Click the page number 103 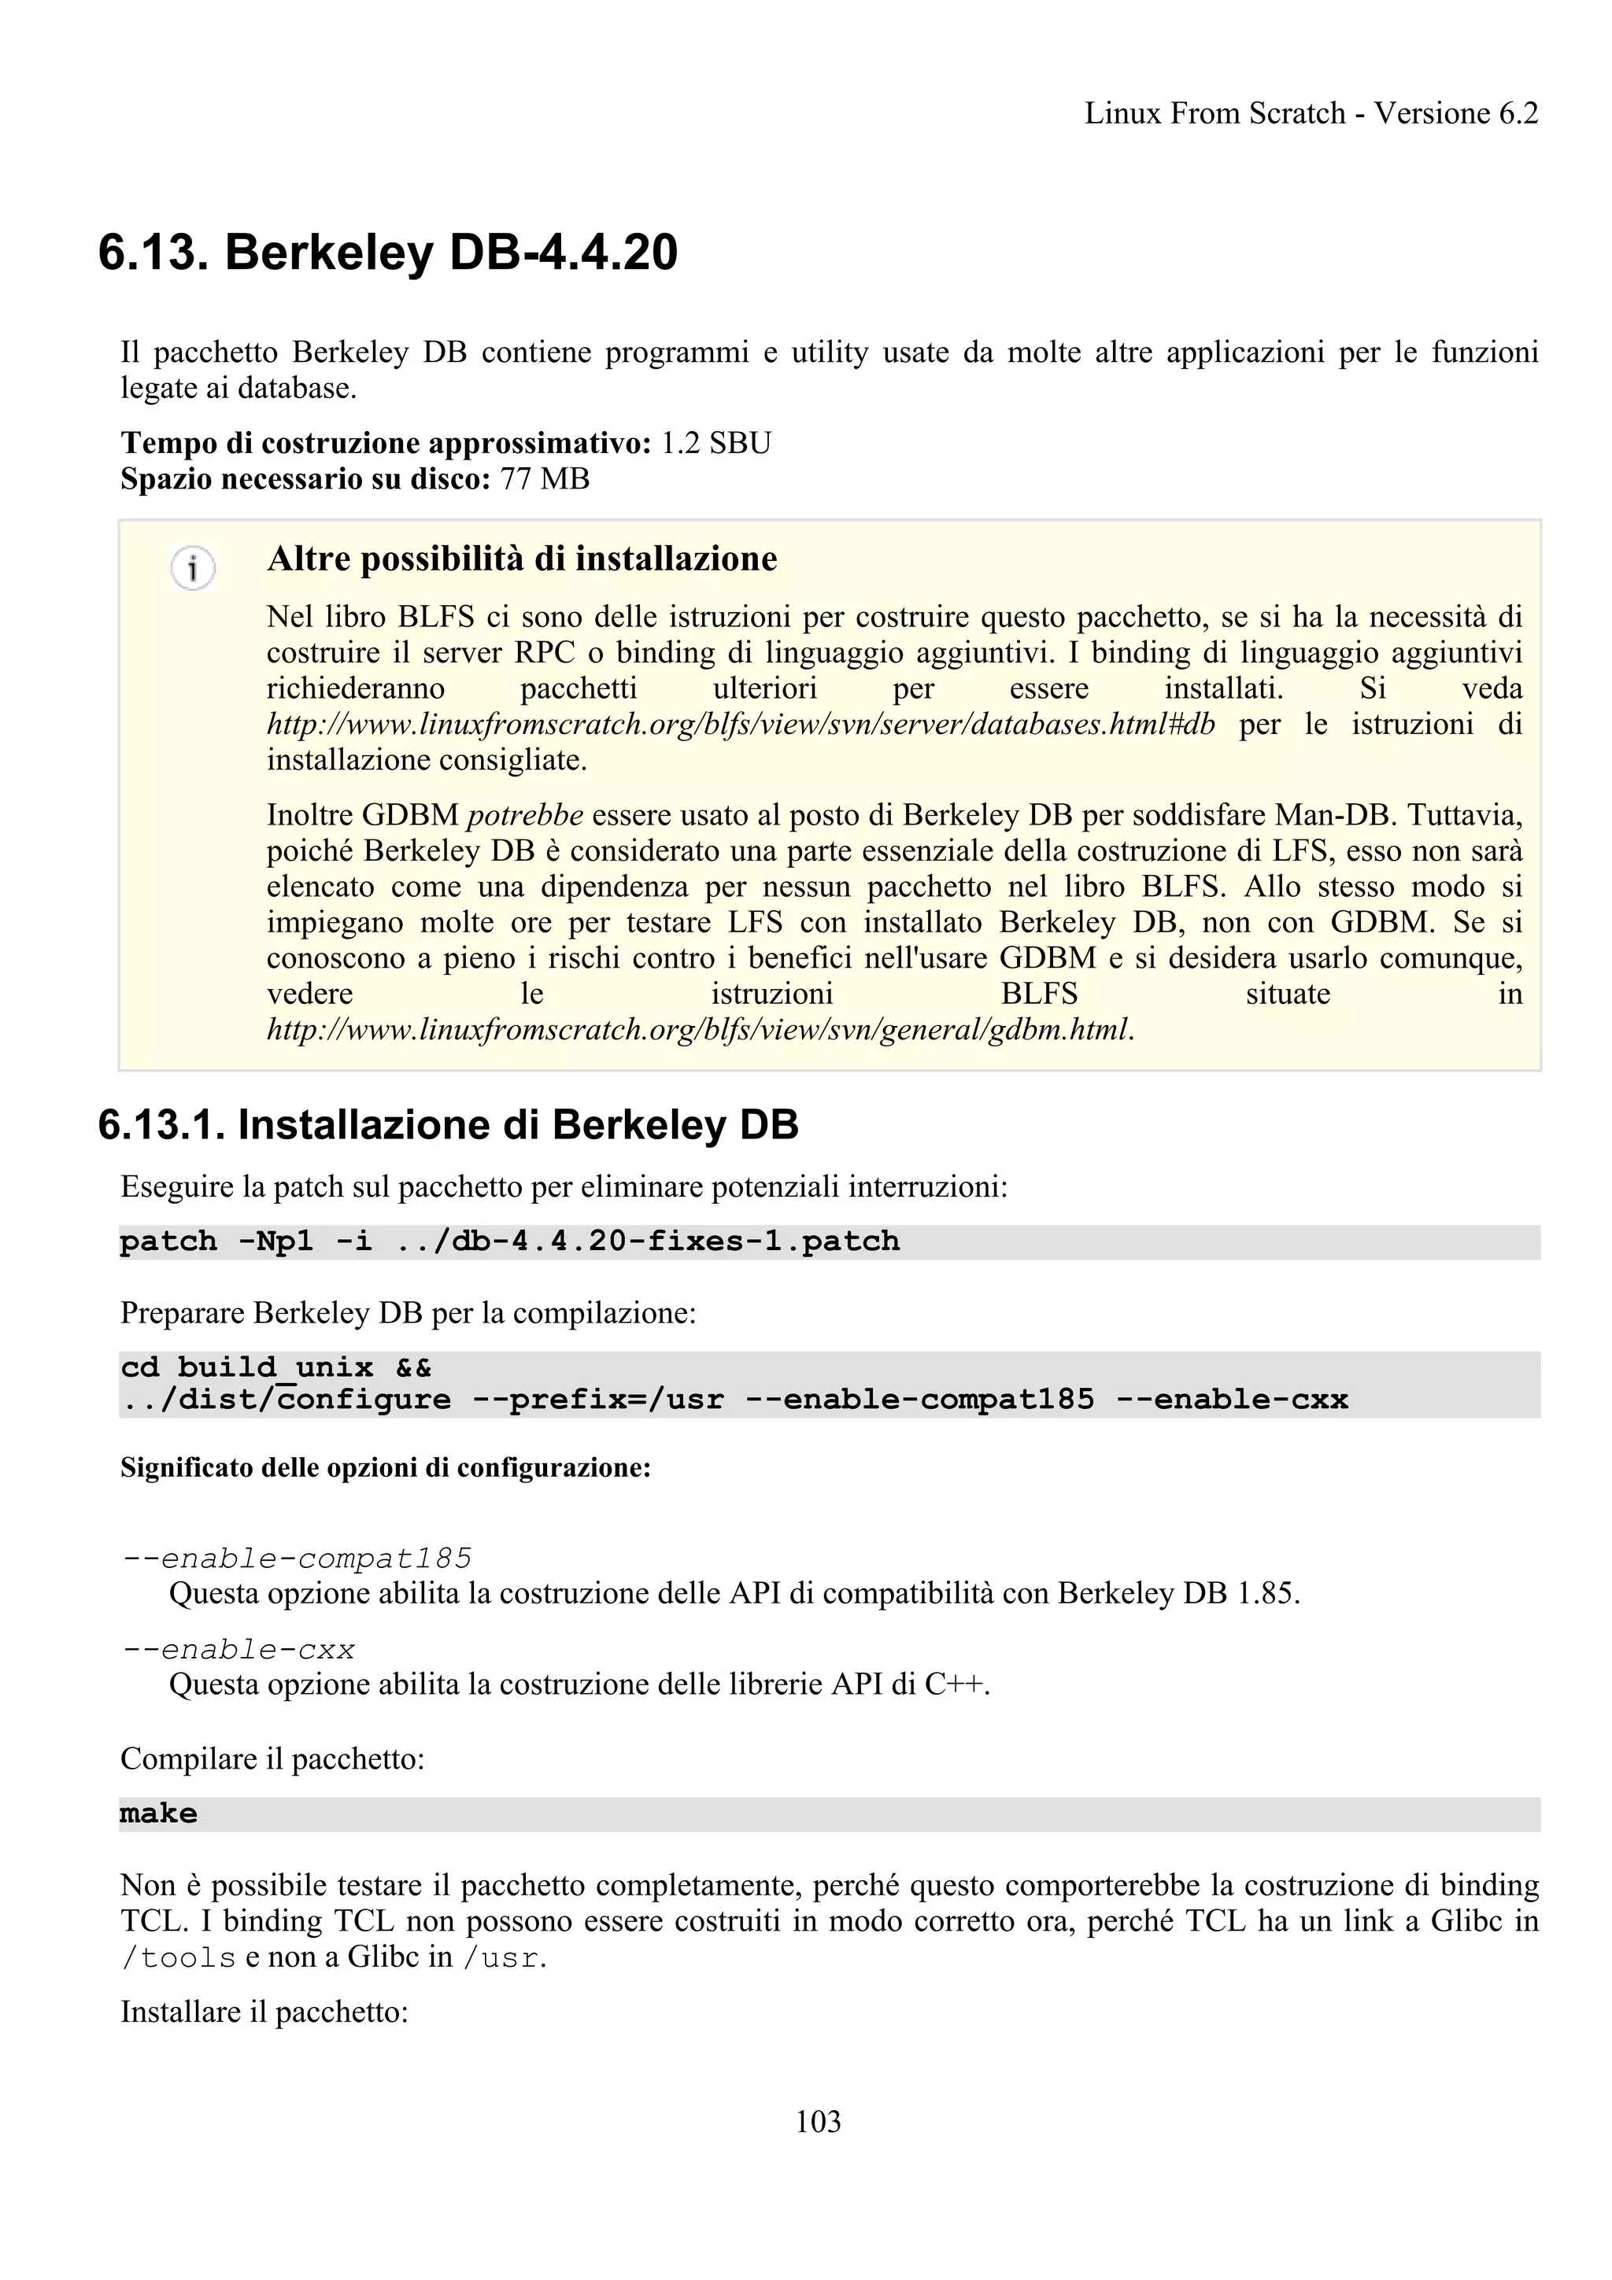(x=818, y=2121)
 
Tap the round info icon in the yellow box (x=193, y=569)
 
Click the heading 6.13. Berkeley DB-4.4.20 (x=387, y=253)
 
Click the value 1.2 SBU (x=715, y=443)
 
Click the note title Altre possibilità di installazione (x=521, y=559)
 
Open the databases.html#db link (x=740, y=724)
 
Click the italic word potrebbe (x=524, y=815)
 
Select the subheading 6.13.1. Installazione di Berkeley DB (x=448, y=1125)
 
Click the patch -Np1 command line (x=508, y=1241)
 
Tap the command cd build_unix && (x=275, y=1367)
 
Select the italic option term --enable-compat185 (x=296, y=1558)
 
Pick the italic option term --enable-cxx (x=238, y=1650)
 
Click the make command (x=159, y=1813)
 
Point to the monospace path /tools (x=178, y=1957)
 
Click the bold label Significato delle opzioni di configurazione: (x=386, y=1468)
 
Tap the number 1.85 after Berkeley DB (x=1266, y=1593)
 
